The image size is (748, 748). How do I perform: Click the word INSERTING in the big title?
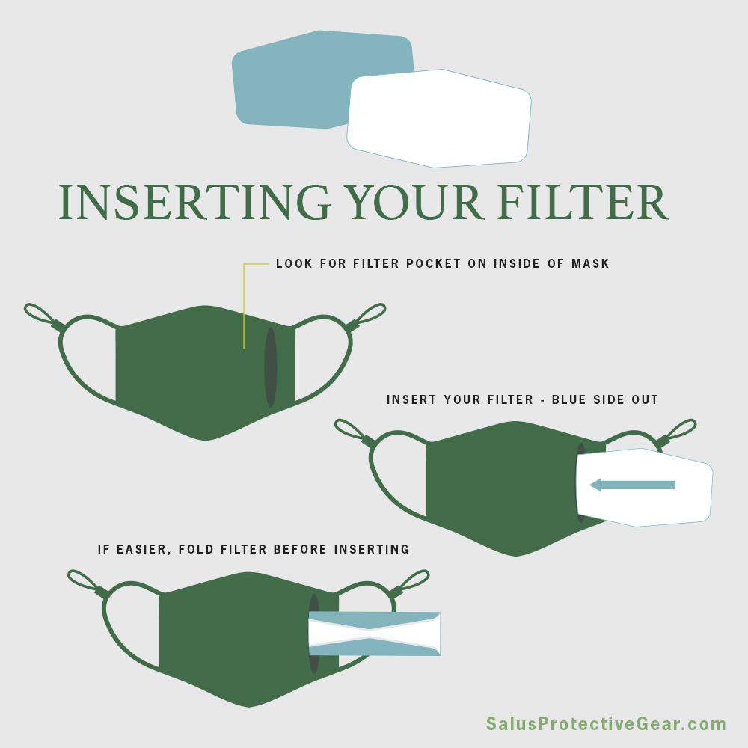(x=194, y=202)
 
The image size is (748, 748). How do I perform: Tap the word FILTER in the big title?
(x=583, y=202)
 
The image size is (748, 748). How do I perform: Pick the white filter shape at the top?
(x=439, y=118)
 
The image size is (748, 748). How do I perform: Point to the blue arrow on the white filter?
(x=633, y=485)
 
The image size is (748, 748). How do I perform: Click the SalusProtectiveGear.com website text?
(x=606, y=723)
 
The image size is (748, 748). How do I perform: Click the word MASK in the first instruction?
(x=591, y=263)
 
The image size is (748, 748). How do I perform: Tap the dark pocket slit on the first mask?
(x=271, y=367)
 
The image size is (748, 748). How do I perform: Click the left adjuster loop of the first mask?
(x=42, y=315)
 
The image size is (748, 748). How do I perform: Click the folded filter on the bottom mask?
(x=375, y=634)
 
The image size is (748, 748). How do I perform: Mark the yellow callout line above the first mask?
(x=245, y=305)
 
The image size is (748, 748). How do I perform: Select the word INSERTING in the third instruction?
(x=371, y=549)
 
